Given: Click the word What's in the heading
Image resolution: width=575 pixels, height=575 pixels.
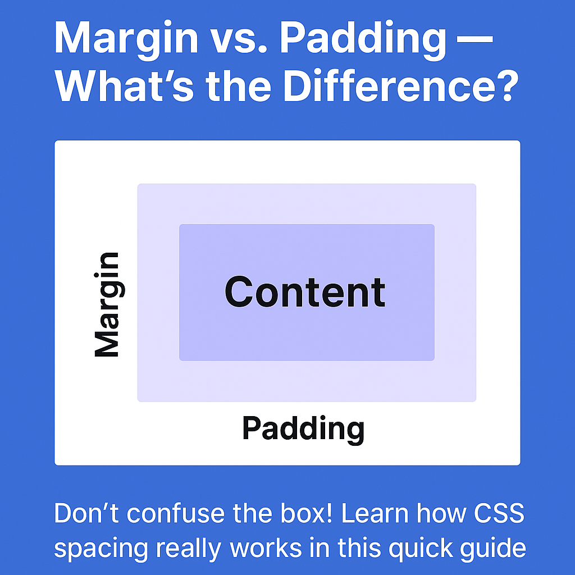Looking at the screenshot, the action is point(124,85).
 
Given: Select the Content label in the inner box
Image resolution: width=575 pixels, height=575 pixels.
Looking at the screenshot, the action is point(305,292).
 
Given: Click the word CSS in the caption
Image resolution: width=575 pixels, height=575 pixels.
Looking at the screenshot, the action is point(499,513).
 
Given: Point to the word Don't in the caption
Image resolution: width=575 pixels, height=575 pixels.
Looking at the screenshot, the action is point(86,513).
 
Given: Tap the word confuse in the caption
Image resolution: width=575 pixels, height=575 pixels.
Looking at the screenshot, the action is point(176,513).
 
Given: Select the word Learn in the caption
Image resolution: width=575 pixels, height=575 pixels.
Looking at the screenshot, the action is point(375,513).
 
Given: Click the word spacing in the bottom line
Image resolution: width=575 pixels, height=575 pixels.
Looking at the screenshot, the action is point(101,550).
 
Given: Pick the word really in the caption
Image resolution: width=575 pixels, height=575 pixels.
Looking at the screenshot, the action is point(189,549).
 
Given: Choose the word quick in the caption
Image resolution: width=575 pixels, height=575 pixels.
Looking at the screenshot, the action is point(419,549).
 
